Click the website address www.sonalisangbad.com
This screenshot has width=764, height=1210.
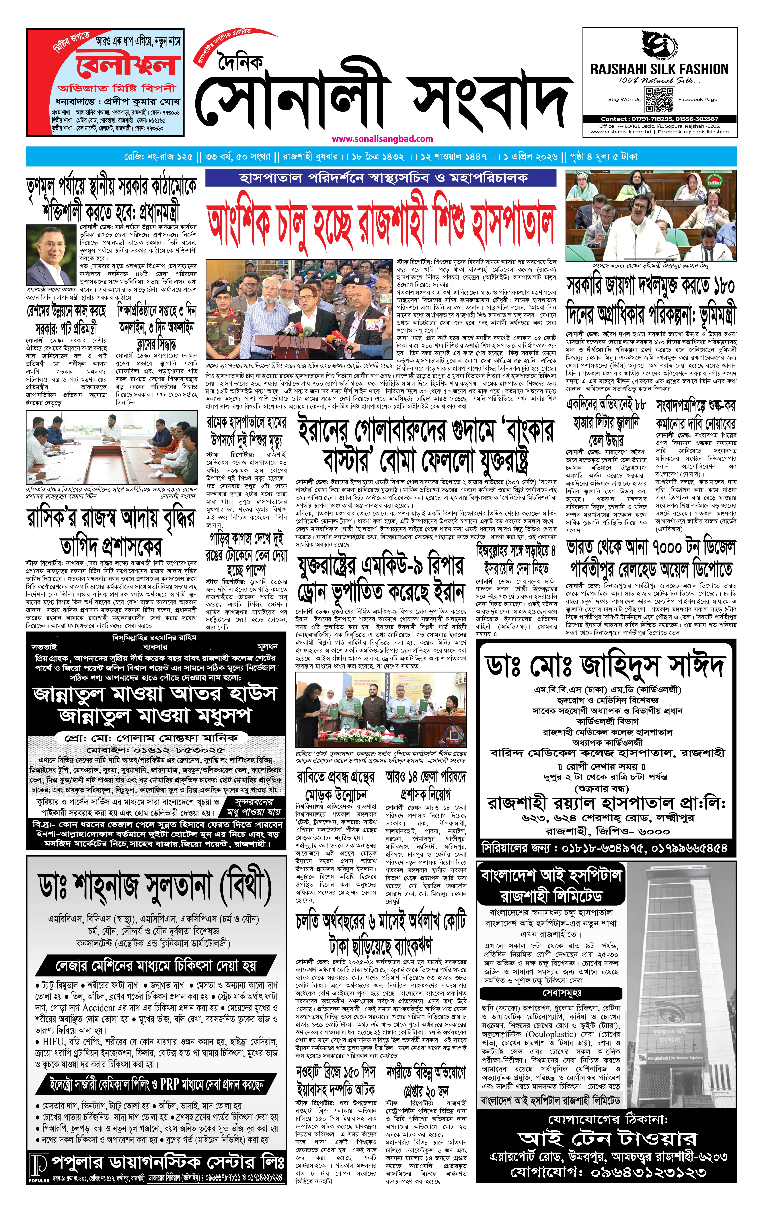(382, 139)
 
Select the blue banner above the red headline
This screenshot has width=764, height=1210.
(381, 178)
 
